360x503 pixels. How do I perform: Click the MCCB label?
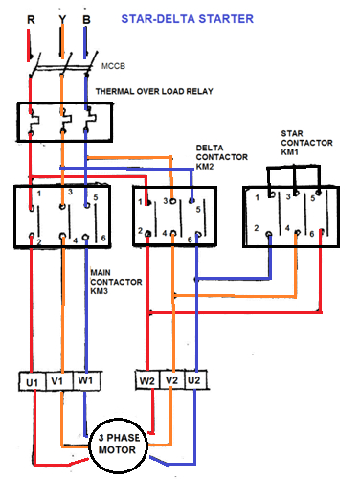click(x=113, y=69)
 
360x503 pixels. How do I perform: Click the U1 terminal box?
click(x=32, y=382)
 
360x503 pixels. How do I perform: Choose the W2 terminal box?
click(x=146, y=382)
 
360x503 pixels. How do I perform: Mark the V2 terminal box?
click(x=172, y=382)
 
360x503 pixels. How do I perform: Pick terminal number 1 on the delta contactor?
click(x=146, y=203)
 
